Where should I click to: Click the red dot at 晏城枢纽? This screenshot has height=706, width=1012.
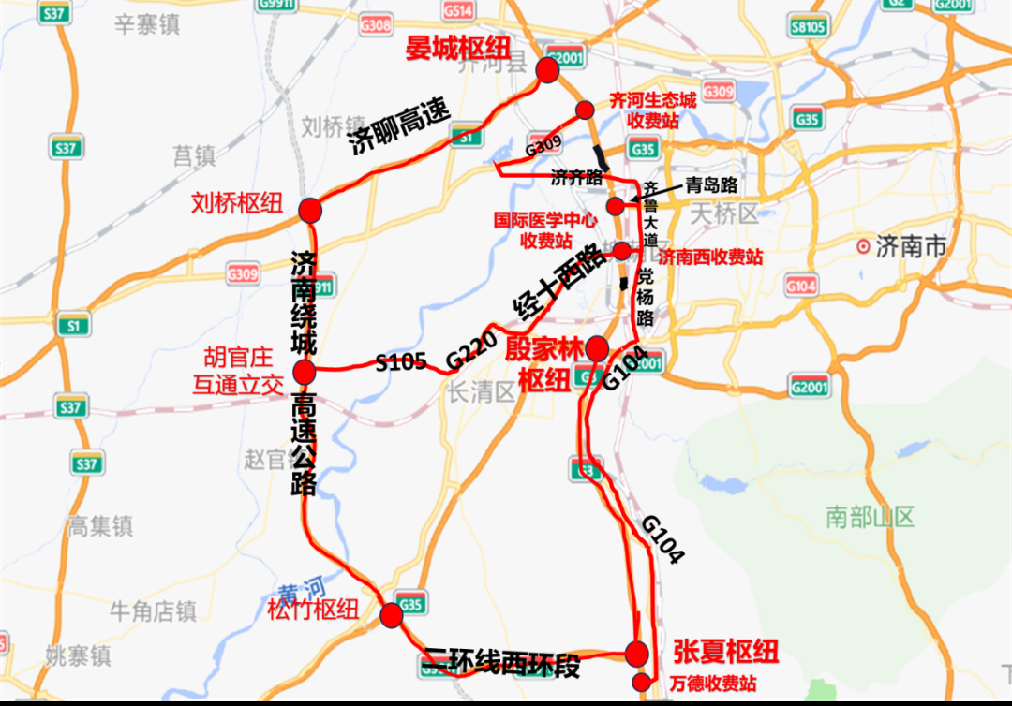547,69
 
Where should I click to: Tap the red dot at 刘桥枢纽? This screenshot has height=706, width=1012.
310,210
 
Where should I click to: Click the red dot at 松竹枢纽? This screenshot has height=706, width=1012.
392,615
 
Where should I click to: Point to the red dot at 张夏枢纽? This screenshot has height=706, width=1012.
637,653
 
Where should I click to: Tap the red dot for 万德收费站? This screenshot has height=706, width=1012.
641,681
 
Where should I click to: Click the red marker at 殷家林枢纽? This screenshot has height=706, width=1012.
597,349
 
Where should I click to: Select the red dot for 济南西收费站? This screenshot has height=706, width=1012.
622,250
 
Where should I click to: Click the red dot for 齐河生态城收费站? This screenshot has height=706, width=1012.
585,110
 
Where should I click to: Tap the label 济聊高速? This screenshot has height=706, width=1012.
399,127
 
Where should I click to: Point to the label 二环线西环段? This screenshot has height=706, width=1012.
501,664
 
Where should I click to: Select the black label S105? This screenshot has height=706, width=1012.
401,360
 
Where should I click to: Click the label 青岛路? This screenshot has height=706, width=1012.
711,184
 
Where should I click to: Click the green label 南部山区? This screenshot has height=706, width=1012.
870,516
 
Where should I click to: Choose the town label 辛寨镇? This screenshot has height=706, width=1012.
146,25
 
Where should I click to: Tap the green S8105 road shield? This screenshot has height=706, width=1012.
808,27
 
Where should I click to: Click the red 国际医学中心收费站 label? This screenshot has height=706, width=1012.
545,230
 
